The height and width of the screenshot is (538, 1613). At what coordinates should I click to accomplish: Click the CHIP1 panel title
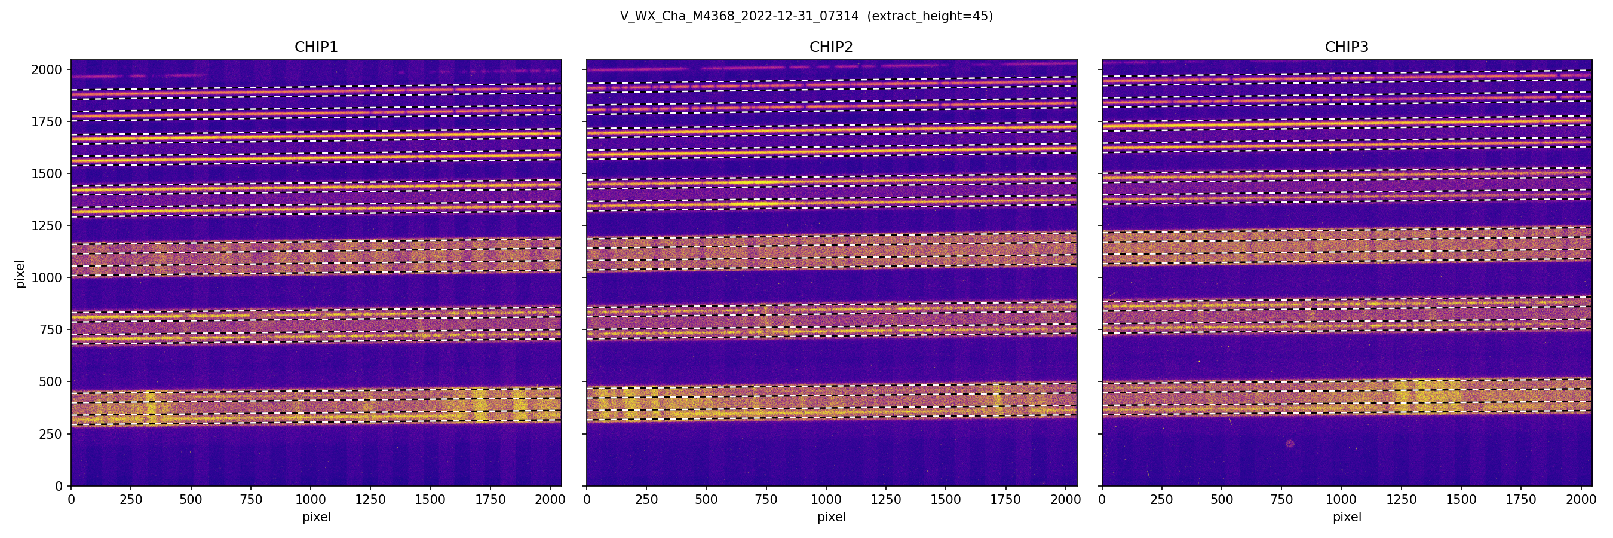coord(316,48)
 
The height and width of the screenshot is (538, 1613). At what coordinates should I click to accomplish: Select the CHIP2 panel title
coord(831,48)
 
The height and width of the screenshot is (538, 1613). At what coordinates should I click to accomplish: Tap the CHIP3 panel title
coord(1346,48)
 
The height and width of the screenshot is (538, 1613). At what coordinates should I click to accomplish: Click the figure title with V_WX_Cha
coord(806,16)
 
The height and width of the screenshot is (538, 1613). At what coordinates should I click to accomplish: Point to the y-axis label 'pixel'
coord(20,274)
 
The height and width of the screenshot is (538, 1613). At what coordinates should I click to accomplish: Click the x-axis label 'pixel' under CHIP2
coord(831,517)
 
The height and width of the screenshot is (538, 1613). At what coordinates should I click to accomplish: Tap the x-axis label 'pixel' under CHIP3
coord(1346,517)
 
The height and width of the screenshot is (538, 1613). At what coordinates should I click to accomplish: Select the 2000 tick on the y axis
coord(47,69)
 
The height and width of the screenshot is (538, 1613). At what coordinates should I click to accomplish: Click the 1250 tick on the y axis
coord(47,225)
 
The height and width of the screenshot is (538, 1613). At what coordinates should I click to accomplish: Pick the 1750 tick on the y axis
coord(47,121)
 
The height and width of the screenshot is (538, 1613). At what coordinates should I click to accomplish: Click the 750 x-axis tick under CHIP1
coord(250,500)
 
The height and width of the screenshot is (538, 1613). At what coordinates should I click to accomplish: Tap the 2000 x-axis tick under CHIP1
coord(550,500)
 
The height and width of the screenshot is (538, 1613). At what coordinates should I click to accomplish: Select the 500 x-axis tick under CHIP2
coord(706,500)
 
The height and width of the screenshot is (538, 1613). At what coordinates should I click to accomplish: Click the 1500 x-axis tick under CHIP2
coord(946,500)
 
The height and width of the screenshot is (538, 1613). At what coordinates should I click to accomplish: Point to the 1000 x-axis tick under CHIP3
coord(1341,500)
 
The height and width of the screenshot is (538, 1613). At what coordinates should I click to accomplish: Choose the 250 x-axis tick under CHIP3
coord(1161,500)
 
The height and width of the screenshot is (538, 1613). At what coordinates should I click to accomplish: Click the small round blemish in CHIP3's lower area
coord(1290,444)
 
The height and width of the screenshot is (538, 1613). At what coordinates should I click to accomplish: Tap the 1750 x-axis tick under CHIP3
coord(1521,500)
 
